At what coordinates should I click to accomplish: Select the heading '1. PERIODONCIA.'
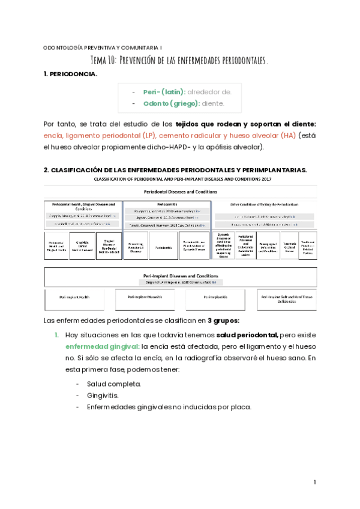pos(71,74)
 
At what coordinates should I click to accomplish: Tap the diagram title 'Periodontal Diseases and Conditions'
pos(181,191)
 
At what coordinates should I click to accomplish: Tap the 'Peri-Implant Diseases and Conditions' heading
pos(181,275)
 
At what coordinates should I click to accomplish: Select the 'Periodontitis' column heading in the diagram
pos(166,204)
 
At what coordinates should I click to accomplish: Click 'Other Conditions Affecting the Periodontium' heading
pos(265,205)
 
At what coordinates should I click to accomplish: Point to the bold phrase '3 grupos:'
pos(224,320)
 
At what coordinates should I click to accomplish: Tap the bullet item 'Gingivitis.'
pos(103,396)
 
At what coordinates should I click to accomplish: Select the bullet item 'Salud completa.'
pos(114,384)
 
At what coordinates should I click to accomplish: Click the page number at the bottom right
pos(315,482)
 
